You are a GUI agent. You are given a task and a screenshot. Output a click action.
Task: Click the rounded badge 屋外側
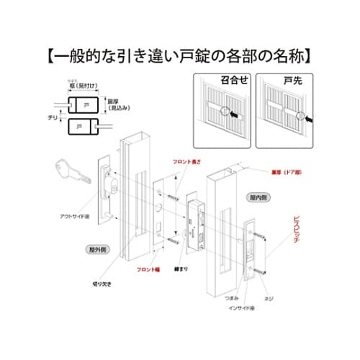pyautogui.click(x=98, y=249)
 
